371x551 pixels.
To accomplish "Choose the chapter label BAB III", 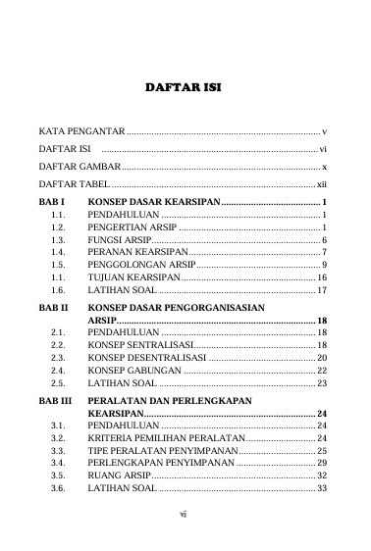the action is (x=55, y=401).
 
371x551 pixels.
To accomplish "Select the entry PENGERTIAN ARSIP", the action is (x=132, y=226).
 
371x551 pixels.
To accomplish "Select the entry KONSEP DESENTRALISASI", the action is (x=146, y=359).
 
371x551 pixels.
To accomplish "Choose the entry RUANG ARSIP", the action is (x=119, y=477).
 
